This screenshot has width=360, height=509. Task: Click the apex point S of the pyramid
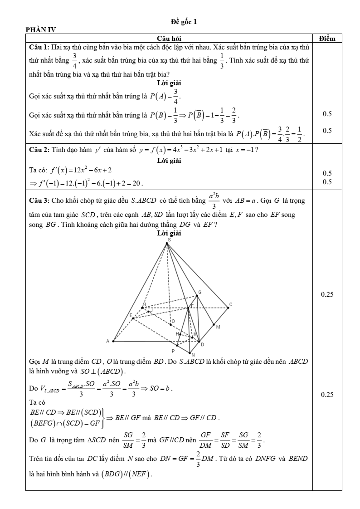(167, 244)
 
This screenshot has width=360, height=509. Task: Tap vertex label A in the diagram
(108, 341)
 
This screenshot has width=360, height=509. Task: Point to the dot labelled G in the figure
(198, 296)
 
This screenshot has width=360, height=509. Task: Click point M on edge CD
(214, 324)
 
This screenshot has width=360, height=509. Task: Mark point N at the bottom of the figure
(190, 352)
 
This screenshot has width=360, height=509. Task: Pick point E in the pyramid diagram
(133, 318)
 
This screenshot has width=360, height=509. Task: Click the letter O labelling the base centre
(173, 321)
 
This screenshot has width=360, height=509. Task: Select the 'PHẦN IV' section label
(41, 30)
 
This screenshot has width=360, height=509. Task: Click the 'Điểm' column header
(327, 39)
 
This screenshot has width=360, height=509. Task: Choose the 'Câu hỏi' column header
(169, 39)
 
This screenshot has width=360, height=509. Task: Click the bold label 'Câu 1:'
(39, 47)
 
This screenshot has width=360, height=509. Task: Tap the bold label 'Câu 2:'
(39, 151)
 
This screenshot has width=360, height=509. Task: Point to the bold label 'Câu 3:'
(39, 200)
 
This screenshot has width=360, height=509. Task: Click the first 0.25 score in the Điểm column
(327, 295)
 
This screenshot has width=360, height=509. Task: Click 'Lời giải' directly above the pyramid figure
(169, 233)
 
